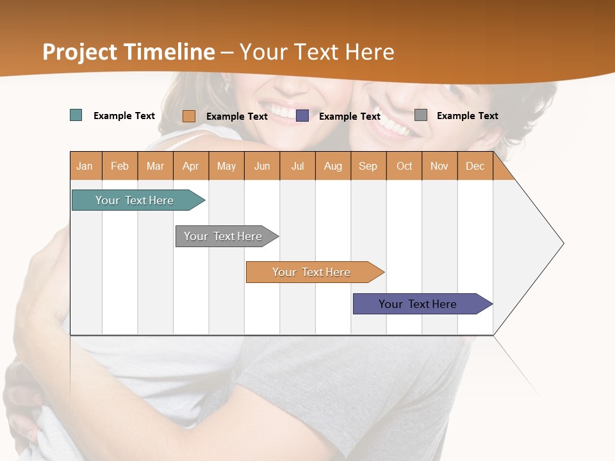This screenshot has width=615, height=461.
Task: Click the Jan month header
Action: click(x=85, y=166)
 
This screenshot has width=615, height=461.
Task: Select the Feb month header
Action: click(x=120, y=166)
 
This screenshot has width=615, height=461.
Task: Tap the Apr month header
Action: click(x=191, y=166)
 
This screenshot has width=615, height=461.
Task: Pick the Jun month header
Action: click(x=262, y=166)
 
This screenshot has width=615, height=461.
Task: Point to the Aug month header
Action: click(x=333, y=166)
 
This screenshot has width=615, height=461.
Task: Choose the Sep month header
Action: click(x=368, y=166)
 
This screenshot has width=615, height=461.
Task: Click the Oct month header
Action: click(x=404, y=166)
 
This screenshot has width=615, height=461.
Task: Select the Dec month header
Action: click(x=475, y=166)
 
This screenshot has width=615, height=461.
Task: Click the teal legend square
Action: click(x=76, y=115)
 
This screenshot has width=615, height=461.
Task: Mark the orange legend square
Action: click(x=189, y=116)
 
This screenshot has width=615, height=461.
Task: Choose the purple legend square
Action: click(x=302, y=116)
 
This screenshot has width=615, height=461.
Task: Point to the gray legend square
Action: click(x=421, y=115)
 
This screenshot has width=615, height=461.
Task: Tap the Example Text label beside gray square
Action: click(x=467, y=115)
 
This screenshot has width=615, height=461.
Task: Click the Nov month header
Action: click(x=439, y=166)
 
